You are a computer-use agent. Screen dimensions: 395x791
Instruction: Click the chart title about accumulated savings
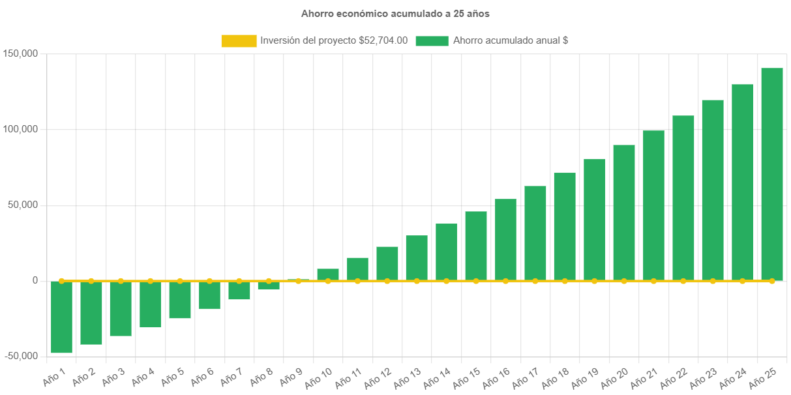[395, 14]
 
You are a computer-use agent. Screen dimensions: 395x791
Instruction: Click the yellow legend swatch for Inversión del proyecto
[239, 41]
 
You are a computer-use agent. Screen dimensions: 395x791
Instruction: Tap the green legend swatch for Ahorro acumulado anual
[432, 41]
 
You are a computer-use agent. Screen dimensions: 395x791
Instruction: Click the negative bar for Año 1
[61, 317]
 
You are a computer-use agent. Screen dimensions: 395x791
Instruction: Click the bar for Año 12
[387, 263]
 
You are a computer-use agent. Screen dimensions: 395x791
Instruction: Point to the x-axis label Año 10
[319, 377]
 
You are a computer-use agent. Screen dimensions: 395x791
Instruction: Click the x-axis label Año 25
[763, 377]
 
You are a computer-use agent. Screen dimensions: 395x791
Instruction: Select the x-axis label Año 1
[55, 375]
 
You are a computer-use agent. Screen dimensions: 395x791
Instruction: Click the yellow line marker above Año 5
[180, 281]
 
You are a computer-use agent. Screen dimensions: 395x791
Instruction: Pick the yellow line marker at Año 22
[683, 281]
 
